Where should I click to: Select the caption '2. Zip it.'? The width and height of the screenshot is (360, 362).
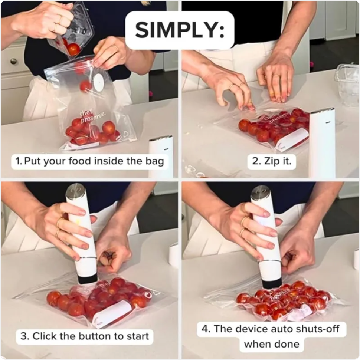[271, 161]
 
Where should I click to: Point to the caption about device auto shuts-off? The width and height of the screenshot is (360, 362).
[271, 336]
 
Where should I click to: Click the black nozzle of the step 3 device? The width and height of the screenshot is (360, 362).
[88, 279]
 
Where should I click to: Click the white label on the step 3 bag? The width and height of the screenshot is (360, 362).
[111, 313]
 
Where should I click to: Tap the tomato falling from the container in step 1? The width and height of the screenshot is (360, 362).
[73, 49]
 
